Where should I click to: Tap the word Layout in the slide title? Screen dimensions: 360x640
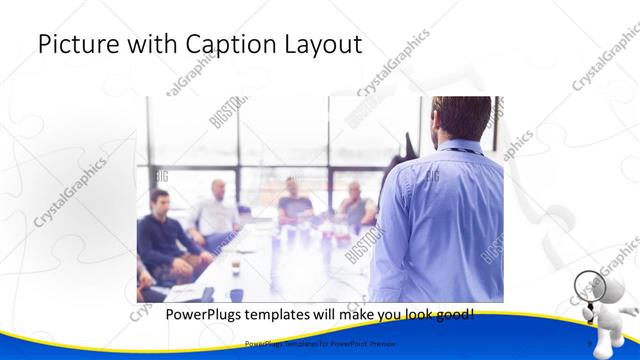pos(324,45)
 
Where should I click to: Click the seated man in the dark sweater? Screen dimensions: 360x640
pos(160,235)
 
